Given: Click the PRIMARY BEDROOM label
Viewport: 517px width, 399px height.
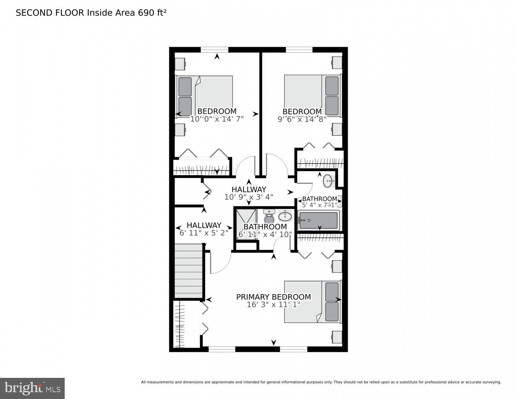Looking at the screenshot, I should point(273,297).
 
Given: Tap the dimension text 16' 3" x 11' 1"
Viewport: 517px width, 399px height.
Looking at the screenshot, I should point(273,305).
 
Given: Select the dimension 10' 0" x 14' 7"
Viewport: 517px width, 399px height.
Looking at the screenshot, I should point(217,119).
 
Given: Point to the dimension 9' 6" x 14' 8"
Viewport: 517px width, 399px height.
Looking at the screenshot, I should point(302,119).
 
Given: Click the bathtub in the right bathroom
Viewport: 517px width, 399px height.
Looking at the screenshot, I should point(319,221).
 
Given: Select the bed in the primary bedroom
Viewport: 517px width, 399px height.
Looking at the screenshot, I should point(312,302).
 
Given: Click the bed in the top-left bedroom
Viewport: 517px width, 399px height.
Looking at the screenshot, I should point(205,96).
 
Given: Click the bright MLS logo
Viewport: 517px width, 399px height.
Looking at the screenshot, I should point(32,388).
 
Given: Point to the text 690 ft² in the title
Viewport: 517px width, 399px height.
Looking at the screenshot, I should point(152,13).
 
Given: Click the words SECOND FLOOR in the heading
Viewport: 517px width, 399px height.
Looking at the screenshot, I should point(50,13).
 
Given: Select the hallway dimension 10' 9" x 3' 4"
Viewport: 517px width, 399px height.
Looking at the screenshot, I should point(249,197).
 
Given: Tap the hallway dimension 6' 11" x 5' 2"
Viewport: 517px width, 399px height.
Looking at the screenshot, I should point(204,233).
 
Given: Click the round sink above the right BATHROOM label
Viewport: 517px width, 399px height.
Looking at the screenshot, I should point(328,181).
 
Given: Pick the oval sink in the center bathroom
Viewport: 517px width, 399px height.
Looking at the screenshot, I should point(285,217).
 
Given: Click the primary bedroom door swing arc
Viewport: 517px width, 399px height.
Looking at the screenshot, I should point(220,263).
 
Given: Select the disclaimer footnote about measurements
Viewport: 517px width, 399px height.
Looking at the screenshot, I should point(321,382).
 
